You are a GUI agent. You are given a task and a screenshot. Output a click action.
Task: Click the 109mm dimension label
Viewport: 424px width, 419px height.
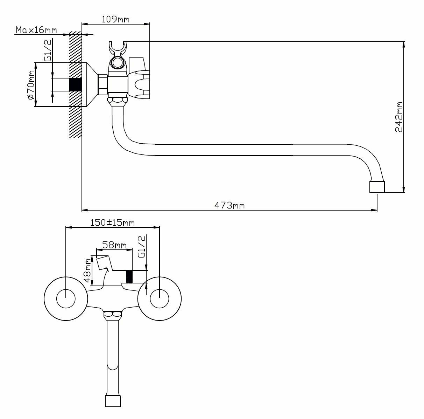115,19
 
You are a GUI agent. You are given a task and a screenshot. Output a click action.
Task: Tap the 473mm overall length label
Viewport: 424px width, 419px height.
229,205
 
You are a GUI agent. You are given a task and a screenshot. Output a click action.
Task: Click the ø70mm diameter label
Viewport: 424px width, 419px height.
30,84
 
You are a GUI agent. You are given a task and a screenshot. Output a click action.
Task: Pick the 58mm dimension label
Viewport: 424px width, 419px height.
114,245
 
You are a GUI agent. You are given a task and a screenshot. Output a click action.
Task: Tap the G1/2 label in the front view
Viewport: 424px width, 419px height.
142,247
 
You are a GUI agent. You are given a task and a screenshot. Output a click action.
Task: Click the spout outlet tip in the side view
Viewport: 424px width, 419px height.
377,187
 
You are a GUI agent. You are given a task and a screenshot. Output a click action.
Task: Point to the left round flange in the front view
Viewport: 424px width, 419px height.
66,298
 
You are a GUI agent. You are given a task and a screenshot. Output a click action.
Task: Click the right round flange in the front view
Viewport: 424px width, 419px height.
160,298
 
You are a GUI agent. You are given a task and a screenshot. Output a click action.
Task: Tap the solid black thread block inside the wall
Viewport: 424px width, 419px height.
75,84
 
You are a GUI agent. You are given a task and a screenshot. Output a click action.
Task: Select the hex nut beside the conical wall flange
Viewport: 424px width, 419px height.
103,84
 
